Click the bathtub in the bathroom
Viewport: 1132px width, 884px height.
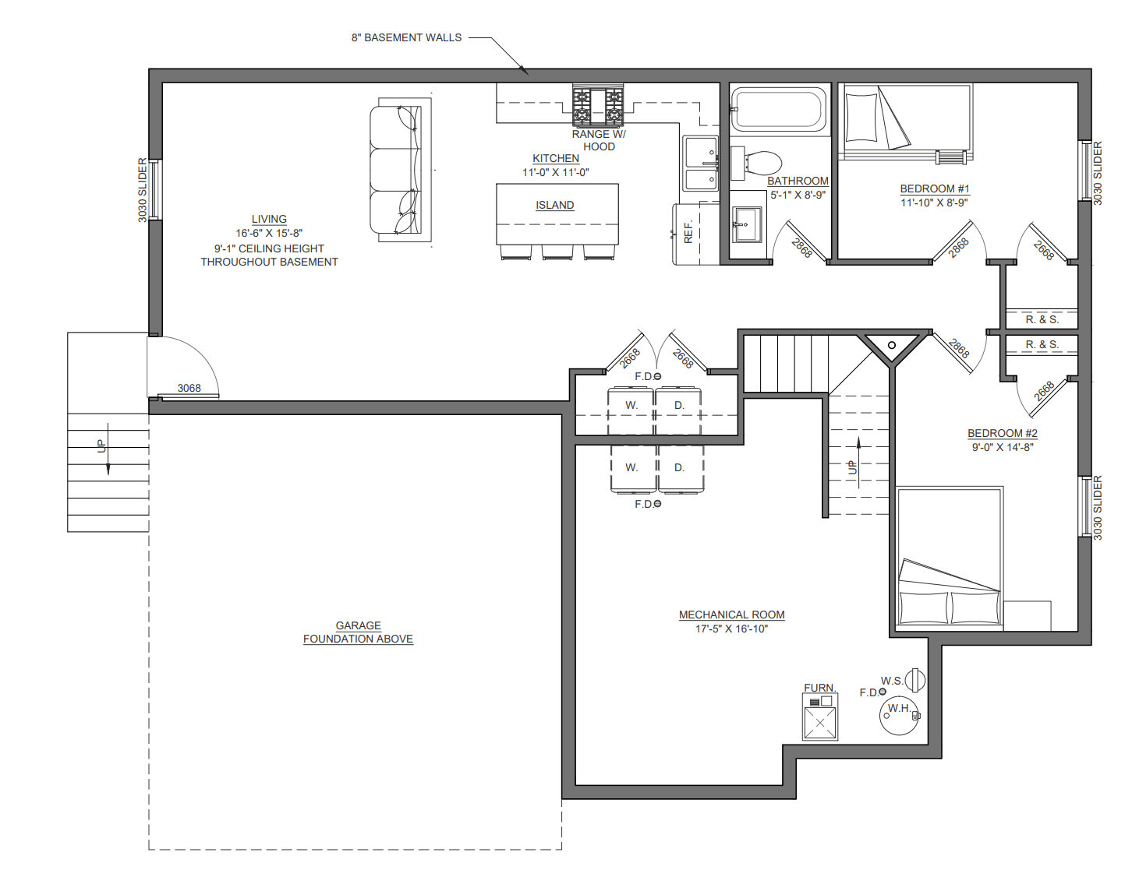tap(779, 109)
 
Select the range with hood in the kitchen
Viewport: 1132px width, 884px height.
tap(598, 106)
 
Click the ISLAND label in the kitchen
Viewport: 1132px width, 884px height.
tap(555, 205)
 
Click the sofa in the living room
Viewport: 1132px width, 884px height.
tap(395, 170)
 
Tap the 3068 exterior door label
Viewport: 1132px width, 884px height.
tap(189, 388)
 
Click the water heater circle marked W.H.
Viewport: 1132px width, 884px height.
tap(900, 715)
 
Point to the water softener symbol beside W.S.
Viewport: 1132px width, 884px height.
tap(916, 680)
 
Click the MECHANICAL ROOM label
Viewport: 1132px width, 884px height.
tap(731, 615)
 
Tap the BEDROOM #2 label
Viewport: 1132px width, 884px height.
tap(1003, 433)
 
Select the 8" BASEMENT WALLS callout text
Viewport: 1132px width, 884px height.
tap(406, 37)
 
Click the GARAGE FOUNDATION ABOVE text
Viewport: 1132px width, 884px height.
tap(359, 632)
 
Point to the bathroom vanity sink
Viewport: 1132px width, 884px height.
tap(747, 224)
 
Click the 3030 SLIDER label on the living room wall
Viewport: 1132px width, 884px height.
tap(143, 191)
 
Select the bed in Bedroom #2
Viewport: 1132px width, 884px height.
tap(949, 555)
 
